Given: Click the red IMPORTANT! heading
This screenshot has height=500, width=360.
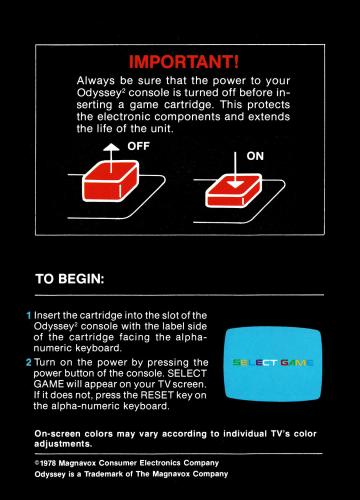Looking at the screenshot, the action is (x=184, y=62).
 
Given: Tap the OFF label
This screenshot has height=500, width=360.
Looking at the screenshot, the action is (x=138, y=146).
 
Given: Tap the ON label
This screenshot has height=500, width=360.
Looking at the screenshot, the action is (x=255, y=156).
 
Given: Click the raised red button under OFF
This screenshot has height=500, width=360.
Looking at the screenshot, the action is (x=111, y=182).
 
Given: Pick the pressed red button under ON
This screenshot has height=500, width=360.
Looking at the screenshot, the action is (x=234, y=192).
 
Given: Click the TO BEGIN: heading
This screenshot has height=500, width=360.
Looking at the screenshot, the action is (x=70, y=279).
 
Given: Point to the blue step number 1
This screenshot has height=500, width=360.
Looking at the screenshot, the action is (x=29, y=315).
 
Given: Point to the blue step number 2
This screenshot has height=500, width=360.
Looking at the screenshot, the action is (x=29, y=362).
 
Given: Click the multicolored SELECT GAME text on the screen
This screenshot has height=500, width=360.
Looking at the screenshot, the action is (x=273, y=363).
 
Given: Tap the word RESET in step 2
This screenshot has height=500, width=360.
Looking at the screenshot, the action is (x=157, y=395).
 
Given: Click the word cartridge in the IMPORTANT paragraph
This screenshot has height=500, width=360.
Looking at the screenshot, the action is (x=188, y=105).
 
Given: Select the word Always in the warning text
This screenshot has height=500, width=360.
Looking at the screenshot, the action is (x=96, y=81).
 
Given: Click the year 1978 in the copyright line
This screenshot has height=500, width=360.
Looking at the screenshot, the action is (x=48, y=463).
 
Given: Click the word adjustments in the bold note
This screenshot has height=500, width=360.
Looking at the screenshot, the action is (x=63, y=444).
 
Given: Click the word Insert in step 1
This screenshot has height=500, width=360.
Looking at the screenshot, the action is (x=47, y=315).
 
